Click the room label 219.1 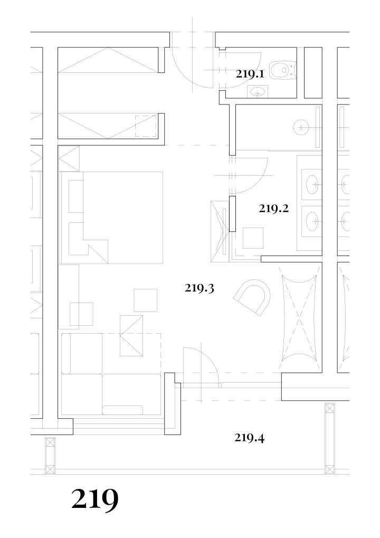click(250, 74)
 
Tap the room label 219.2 click(274, 208)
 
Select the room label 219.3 click(199, 288)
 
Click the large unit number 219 click(95, 499)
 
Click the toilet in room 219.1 click(282, 70)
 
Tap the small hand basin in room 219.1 click(258, 92)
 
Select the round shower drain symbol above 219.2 click(301, 127)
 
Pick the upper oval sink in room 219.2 click(312, 185)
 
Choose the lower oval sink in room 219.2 click(312, 221)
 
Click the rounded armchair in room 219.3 click(253, 296)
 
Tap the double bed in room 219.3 click(111, 218)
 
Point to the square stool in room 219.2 click(253, 238)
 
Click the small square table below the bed click(146, 300)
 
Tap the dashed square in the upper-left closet click(146, 126)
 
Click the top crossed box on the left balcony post click(51, 442)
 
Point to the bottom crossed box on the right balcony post click(330, 469)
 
